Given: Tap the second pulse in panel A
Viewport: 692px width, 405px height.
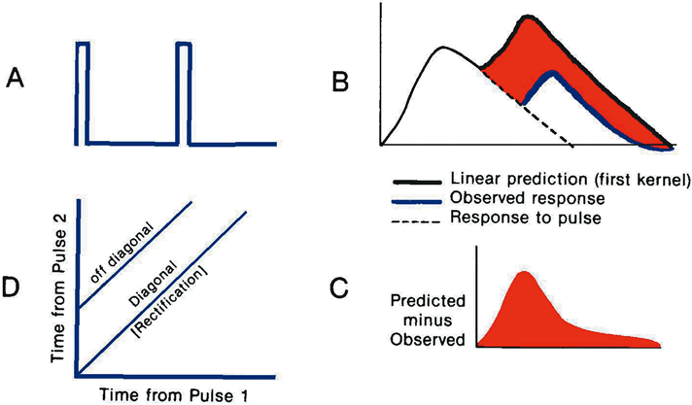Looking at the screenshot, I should (x=183, y=92).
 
